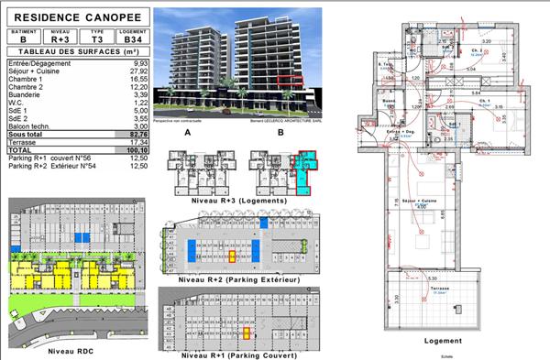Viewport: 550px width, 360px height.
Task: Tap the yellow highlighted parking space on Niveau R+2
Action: [x=233, y=256]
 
